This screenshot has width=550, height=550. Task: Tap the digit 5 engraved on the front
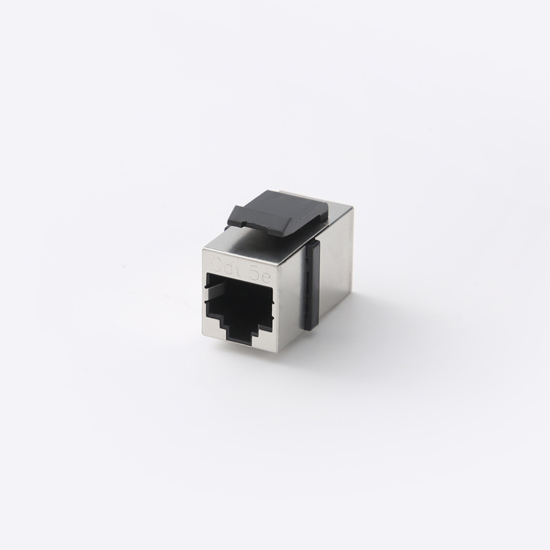pos(254,267)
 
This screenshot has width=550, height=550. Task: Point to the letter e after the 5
pos(265,269)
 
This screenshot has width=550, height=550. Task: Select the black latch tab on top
pos(279,212)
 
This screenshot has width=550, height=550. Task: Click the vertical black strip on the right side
pos(313,284)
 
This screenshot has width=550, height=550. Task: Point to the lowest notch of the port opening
pos(240,342)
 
